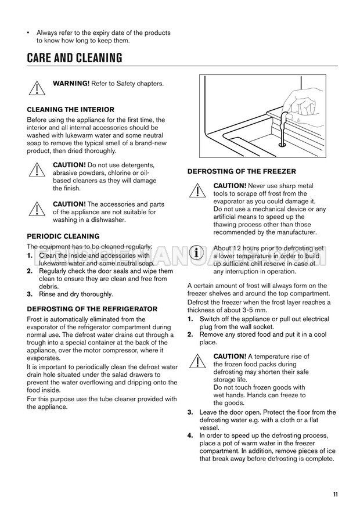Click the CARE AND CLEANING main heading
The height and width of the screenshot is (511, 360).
coord(75,59)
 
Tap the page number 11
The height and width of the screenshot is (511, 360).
coord(336,494)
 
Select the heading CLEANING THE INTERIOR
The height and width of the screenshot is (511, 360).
coord(71,109)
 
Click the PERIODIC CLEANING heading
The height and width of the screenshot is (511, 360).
coord(63,236)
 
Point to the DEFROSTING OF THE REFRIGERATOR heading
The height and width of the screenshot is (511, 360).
coord(92,309)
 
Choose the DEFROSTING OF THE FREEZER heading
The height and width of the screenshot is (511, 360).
coord(242,171)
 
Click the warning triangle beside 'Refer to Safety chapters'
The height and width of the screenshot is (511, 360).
coord(37,88)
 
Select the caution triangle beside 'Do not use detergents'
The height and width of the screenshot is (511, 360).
coord(37,170)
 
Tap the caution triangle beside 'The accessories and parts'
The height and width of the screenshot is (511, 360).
coord(37,209)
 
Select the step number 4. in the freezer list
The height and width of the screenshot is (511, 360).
coord(191,436)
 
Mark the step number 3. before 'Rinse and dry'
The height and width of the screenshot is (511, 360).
coord(30,294)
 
